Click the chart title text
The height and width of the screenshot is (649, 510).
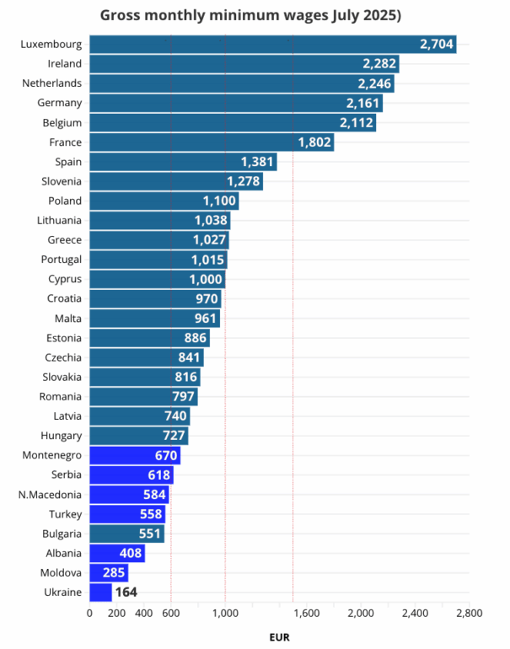tap(250, 15)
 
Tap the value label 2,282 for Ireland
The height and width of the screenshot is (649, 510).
tap(378, 64)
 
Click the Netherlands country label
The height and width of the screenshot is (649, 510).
tap(52, 83)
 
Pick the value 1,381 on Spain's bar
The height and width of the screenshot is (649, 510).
tap(258, 162)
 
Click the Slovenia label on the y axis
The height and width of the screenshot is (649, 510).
tap(61, 181)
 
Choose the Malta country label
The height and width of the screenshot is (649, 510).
tap(67, 319)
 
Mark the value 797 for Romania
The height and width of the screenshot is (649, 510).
tap(183, 397)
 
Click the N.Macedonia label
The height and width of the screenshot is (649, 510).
tap(50, 495)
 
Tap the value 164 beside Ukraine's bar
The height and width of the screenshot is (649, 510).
tap(126, 593)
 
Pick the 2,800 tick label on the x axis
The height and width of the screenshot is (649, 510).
tap(468, 614)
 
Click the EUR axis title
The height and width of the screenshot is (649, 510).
tap(279, 637)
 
